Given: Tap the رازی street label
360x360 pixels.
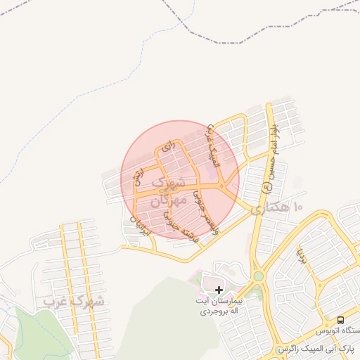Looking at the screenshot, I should pos(167,148).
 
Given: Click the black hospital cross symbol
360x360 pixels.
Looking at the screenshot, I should pos(219,290).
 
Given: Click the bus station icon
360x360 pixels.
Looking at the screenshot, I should pos(341,319).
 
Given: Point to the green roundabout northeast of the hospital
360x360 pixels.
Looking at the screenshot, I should pos(259,276).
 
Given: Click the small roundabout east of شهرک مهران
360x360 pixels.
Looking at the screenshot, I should pos(222,186).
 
